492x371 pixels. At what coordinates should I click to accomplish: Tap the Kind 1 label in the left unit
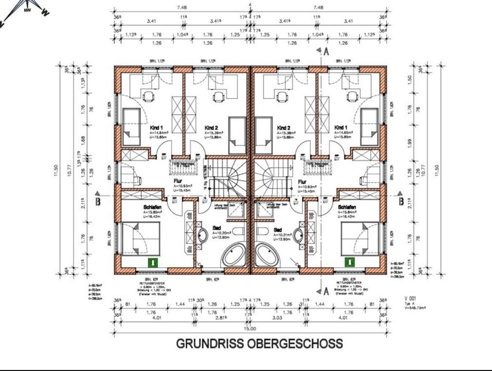156,128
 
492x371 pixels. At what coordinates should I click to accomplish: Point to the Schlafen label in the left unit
153,207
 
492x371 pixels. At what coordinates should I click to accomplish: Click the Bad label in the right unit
278,230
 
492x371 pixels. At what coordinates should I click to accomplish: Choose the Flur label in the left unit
176,181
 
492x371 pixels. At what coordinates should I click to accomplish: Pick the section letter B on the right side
401,201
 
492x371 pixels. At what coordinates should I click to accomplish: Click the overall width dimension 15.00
250,330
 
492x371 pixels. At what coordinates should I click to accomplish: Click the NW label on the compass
27,9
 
